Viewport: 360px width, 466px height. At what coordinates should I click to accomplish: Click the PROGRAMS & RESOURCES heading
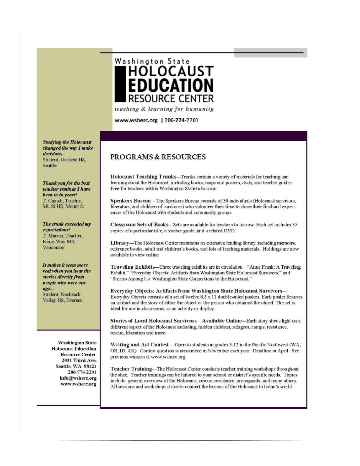point(158,157)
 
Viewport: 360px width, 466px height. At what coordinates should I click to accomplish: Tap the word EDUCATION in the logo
point(170,85)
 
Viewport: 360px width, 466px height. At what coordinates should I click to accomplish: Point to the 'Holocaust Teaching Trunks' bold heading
point(143,177)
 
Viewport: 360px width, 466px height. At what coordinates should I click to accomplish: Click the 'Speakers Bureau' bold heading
point(130,201)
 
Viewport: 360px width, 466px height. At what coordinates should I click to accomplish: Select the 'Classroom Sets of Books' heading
point(139,225)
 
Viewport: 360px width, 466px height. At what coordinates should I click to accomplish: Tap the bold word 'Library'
point(120,243)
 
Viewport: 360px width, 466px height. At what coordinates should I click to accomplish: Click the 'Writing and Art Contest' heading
point(139,345)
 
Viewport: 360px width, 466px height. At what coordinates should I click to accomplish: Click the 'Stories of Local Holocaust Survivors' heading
point(153,321)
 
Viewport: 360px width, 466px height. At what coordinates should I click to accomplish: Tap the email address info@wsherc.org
point(78,378)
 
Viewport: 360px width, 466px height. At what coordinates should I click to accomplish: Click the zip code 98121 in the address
point(89,366)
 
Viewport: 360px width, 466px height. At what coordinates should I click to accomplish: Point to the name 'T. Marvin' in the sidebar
point(52,236)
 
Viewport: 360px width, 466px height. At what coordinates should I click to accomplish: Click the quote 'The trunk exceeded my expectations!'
point(66,227)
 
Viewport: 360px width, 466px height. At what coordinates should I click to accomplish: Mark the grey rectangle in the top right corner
point(270,53)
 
